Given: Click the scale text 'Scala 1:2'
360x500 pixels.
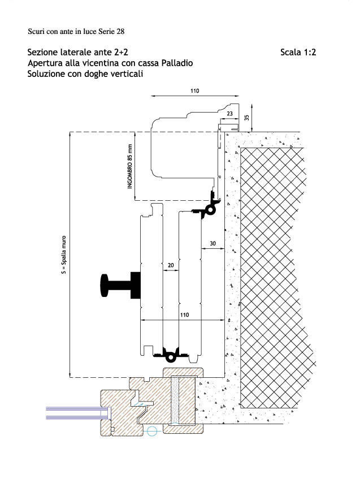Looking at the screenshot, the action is coord(298,52).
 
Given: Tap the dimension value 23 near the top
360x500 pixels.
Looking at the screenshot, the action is coord(229,114).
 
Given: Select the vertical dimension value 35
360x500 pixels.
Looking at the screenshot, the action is coord(247,118).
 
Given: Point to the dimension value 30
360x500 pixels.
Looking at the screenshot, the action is coord(213,244).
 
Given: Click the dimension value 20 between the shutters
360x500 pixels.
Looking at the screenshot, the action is coord(171,265).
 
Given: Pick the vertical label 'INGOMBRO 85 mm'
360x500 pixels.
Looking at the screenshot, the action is coord(129,166).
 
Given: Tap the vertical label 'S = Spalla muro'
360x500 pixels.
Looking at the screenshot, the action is coord(64,255).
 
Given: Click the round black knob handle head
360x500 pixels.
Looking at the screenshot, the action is coord(105,286).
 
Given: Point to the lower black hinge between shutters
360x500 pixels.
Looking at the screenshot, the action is coord(171,355).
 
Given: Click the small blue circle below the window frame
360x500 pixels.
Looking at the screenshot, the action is coord(152,432).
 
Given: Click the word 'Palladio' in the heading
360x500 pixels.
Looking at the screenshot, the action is coord(177,63).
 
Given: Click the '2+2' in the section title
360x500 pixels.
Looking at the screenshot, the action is coord(121,52).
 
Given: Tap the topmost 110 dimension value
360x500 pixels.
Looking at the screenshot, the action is coord(194,91).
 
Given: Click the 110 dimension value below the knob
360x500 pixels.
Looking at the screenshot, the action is coord(184,315).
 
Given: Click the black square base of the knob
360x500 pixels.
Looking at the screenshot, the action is coord(136,285).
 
